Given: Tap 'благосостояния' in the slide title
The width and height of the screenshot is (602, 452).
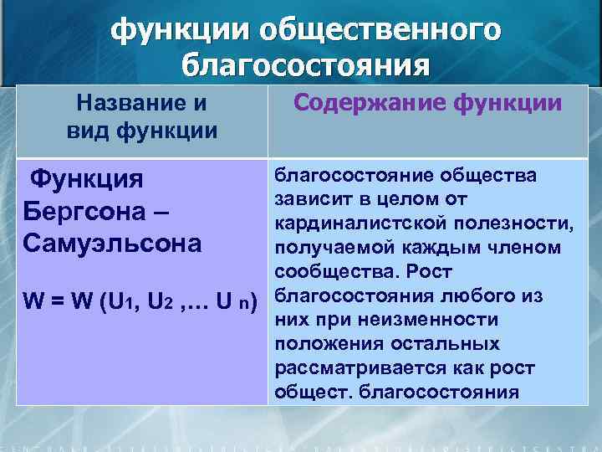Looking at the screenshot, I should coord(307,66).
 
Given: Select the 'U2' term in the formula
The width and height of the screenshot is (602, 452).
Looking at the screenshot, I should coord(160,301).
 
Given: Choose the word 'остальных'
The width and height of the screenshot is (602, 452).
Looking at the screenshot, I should coord(443,344).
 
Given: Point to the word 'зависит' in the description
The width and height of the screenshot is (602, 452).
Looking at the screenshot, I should coord(309,198).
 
